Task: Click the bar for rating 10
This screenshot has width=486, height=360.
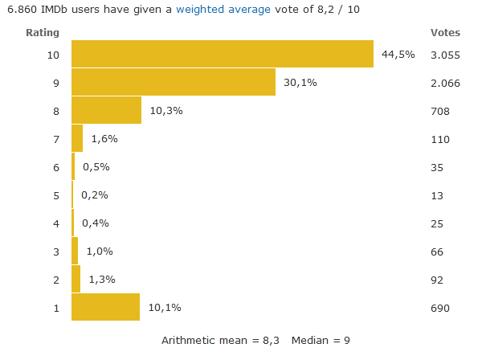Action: (x=223, y=54)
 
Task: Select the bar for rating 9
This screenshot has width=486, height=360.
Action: (x=174, y=82)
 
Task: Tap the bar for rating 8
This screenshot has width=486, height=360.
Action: (x=106, y=110)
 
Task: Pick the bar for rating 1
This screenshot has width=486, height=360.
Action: (x=105, y=308)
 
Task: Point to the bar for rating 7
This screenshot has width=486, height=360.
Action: (x=77, y=138)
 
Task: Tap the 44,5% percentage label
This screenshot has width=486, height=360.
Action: (x=398, y=54)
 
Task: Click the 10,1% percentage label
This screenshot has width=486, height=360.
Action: (x=165, y=308)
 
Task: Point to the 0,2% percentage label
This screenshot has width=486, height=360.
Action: (x=95, y=194)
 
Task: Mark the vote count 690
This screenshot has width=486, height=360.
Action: (x=439, y=308)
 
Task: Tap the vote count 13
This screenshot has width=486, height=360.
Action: (x=436, y=194)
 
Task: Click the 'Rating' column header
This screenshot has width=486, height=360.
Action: (x=42, y=33)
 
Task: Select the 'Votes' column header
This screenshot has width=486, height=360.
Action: (x=445, y=33)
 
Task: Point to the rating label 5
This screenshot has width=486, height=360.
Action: (x=55, y=194)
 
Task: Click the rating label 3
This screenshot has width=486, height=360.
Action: (x=55, y=252)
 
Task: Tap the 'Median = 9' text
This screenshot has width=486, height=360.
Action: (x=321, y=340)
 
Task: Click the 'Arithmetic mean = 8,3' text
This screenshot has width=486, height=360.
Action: (x=220, y=340)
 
